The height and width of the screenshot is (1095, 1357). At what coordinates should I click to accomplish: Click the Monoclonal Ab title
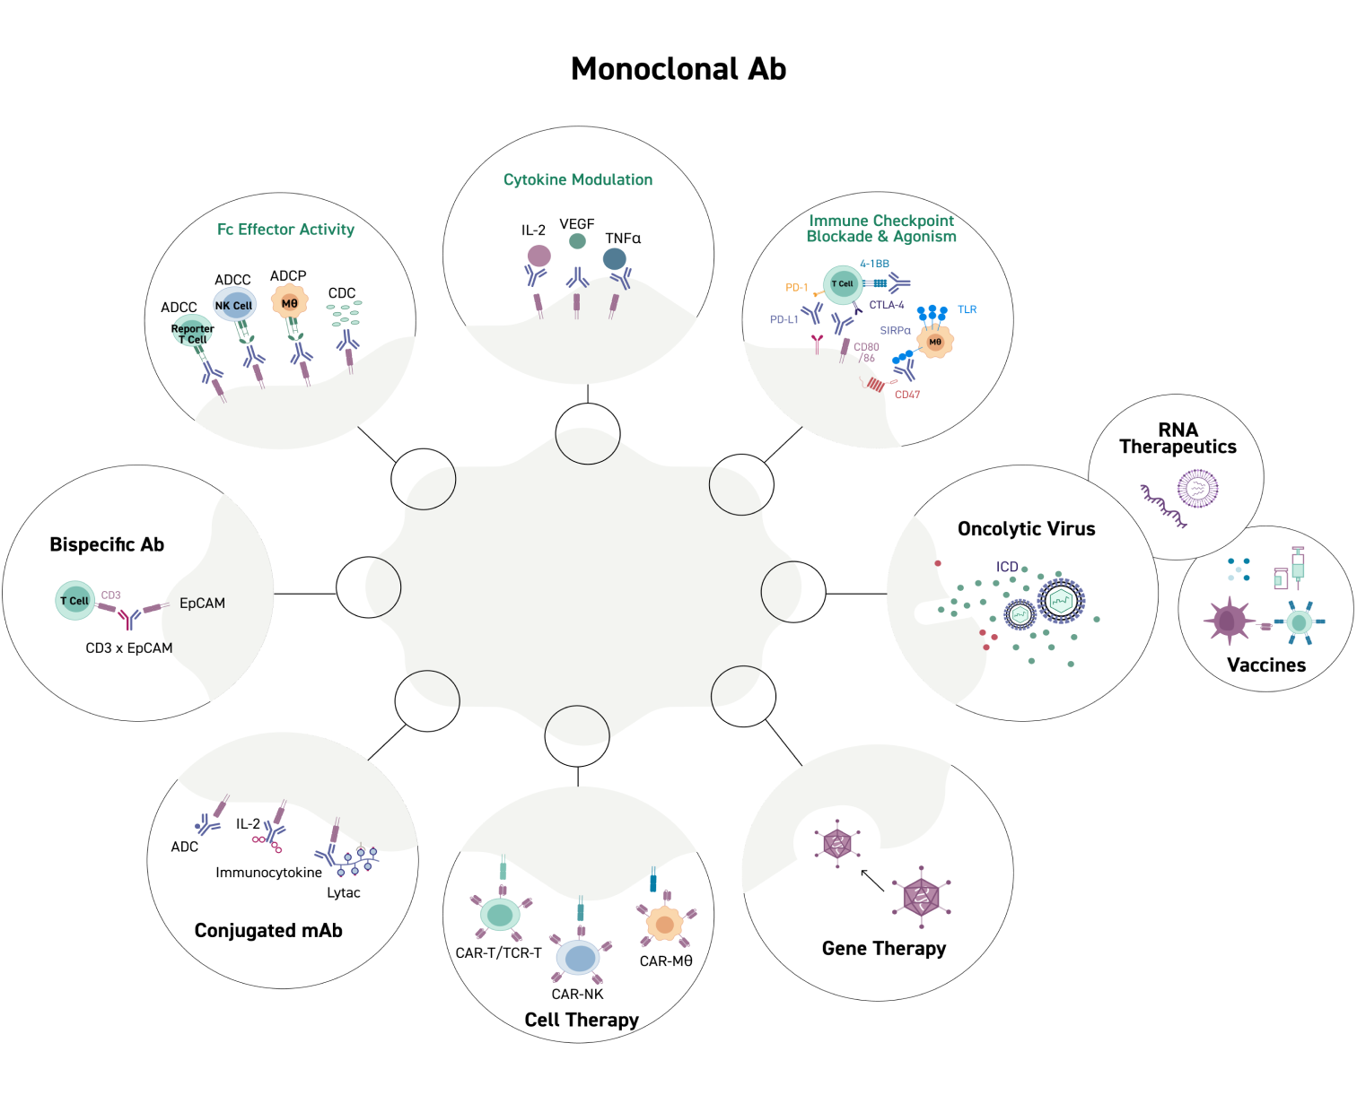[x=678, y=69]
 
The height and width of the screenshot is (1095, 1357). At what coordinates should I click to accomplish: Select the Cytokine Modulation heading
[x=578, y=179]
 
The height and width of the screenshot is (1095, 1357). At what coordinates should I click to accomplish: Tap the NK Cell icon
[x=233, y=305]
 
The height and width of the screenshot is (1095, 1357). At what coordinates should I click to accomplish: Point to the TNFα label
[x=623, y=239]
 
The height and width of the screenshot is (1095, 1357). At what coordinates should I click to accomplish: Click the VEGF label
[x=577, y=224]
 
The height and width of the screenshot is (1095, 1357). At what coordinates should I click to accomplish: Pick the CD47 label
[x=907, y=395]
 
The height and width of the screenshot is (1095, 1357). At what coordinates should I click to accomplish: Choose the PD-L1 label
[x=784, y=319]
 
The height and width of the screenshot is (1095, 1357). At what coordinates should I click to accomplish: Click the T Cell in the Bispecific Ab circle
[x=74, y=601]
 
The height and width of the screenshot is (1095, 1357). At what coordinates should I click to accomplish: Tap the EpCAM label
[x=202, y=604]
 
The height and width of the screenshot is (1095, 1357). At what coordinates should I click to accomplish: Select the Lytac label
[x=344, y=893]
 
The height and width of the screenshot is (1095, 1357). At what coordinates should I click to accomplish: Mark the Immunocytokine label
[x=268, y=873]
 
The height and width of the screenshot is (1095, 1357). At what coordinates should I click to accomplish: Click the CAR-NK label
[x=577, y=995]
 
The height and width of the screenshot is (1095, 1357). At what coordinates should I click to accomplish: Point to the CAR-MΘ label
[x=666, y=961]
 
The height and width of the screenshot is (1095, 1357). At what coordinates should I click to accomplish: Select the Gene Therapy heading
[x=884, y=949]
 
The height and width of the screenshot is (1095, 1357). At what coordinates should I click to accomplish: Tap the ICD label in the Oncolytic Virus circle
[x=1007, y=567]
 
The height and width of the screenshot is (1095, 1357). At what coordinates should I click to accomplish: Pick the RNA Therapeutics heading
[x=1178, y=439]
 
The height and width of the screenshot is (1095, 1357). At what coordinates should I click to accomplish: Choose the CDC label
[x=342, y=293]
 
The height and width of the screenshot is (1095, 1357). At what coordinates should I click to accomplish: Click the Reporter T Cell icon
[x=192, y=332]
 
